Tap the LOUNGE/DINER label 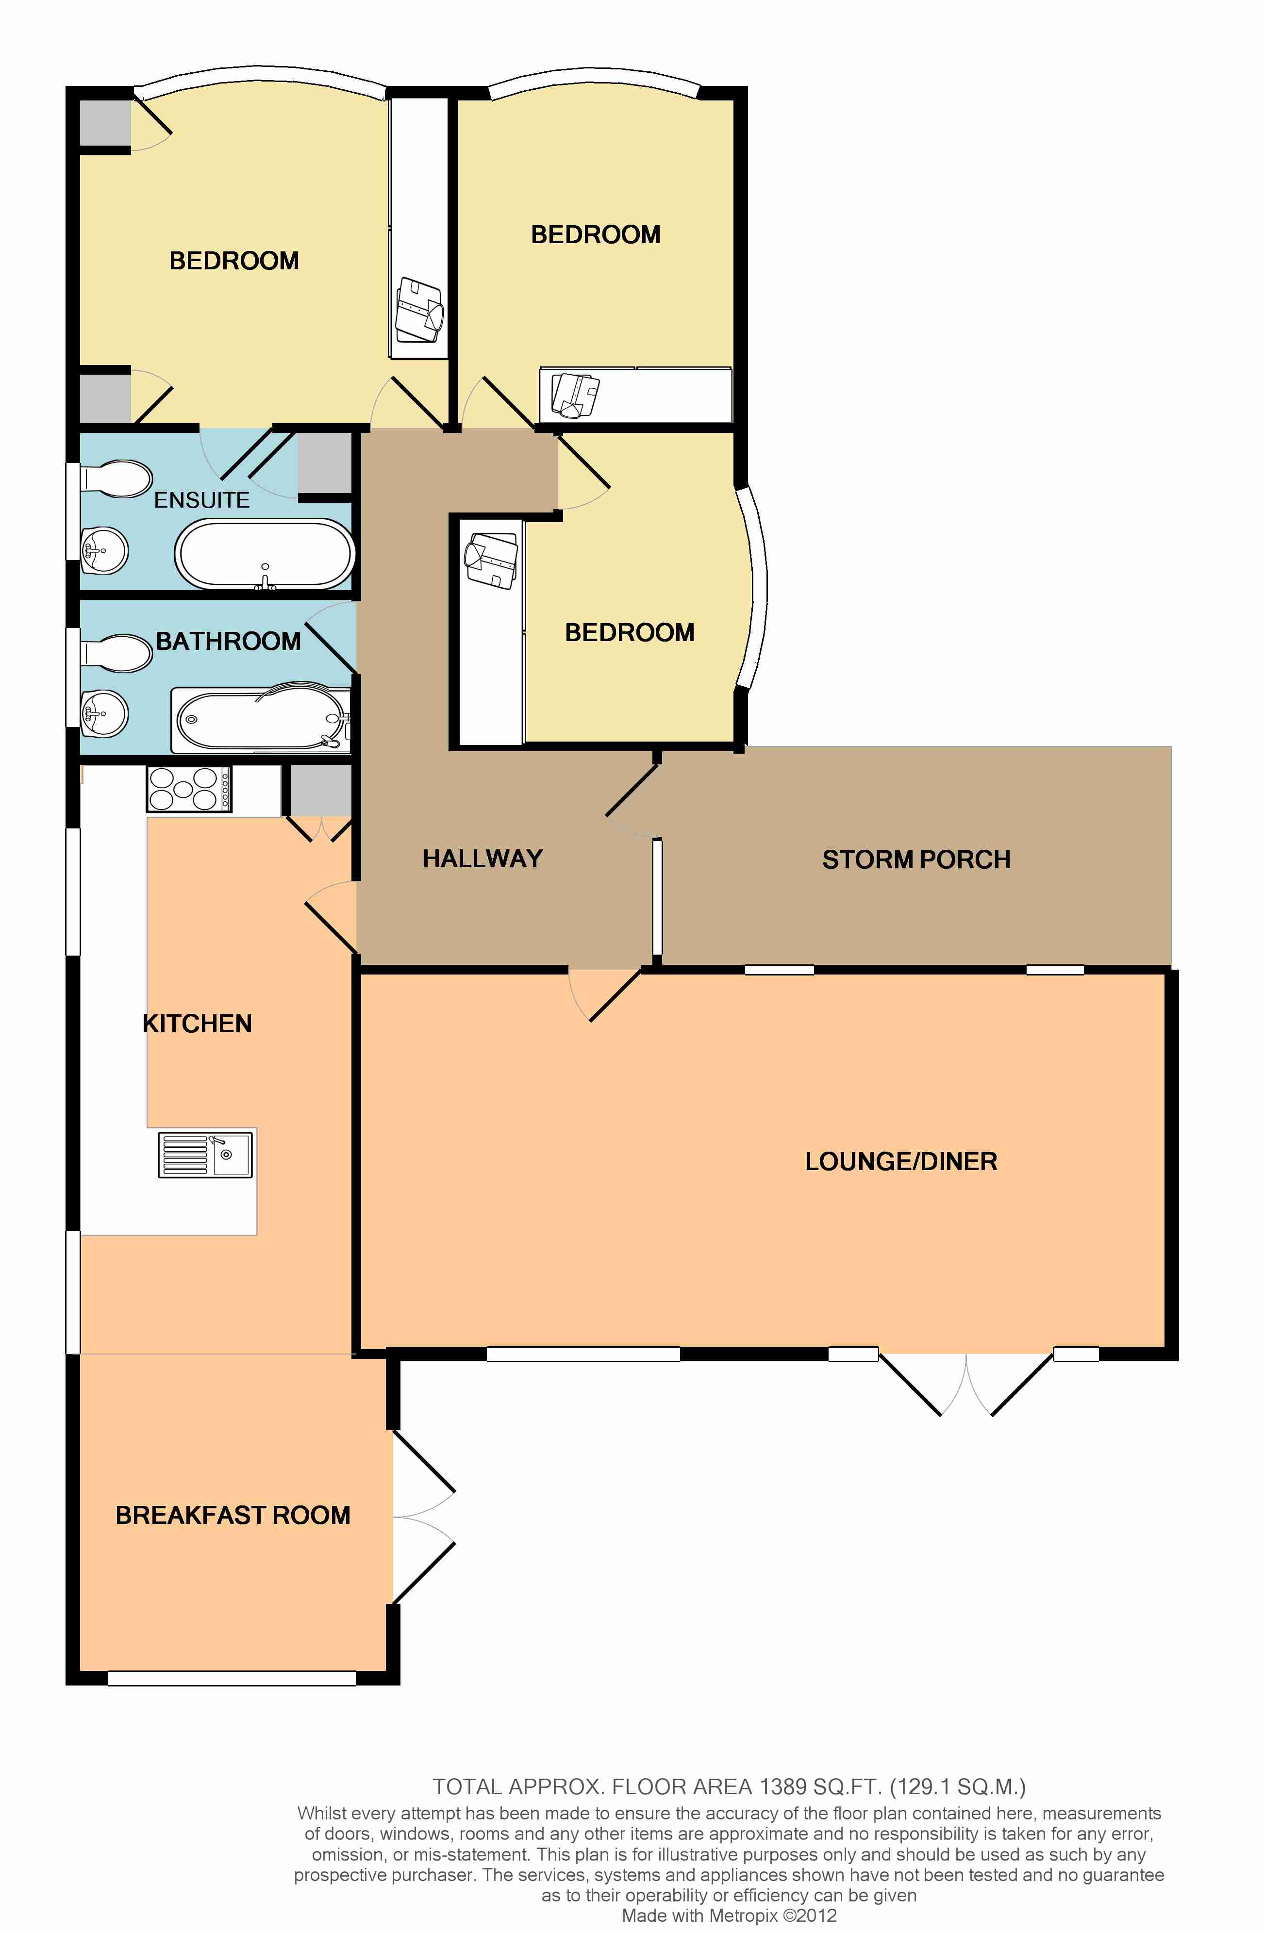tap(901, 1161)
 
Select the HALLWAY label tap(482, 859)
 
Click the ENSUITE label tap(202, 500)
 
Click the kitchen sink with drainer tap(205, 1154)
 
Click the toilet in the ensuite tap(116, 479)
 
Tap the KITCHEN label tap(198, 1024)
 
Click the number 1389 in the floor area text tap(783, 1787)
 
